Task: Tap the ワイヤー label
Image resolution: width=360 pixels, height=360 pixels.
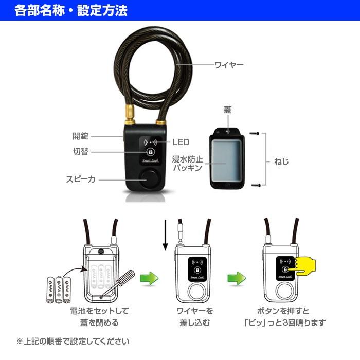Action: pyautogui.click(x=229, y=65)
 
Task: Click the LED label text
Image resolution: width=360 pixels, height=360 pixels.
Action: pyautogui.click(x=181, y=142)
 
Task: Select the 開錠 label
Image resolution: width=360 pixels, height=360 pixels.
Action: pyautogui.click(x=80, y=136)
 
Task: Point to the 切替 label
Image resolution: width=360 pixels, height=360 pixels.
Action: pyautogui.click(x=80, y=151)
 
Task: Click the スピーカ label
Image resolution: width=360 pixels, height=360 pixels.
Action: pyautogui.click(x=80, y=179)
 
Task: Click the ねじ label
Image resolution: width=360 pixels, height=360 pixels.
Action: pyautogui.click(x=281, y=161)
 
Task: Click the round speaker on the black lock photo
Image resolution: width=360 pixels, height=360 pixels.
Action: pyautogui.click(x=150, y=180)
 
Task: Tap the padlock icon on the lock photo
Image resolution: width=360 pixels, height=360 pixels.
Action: pyautogui.click(x=150, y=152)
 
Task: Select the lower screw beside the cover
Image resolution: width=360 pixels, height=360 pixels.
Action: pyautogui.click(x=254, y=184)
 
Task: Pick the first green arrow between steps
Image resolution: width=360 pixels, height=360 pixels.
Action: pyautogui.click(x=149, y=279)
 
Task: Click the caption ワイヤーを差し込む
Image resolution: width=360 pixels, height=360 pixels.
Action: pyautogui.click(x=194, y=317)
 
